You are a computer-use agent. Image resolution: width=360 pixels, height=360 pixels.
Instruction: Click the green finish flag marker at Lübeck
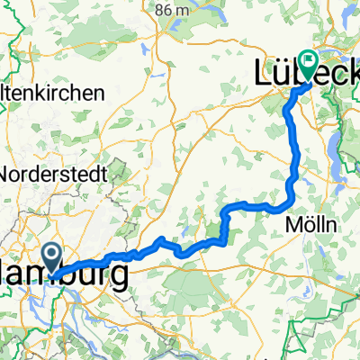point(309,64)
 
